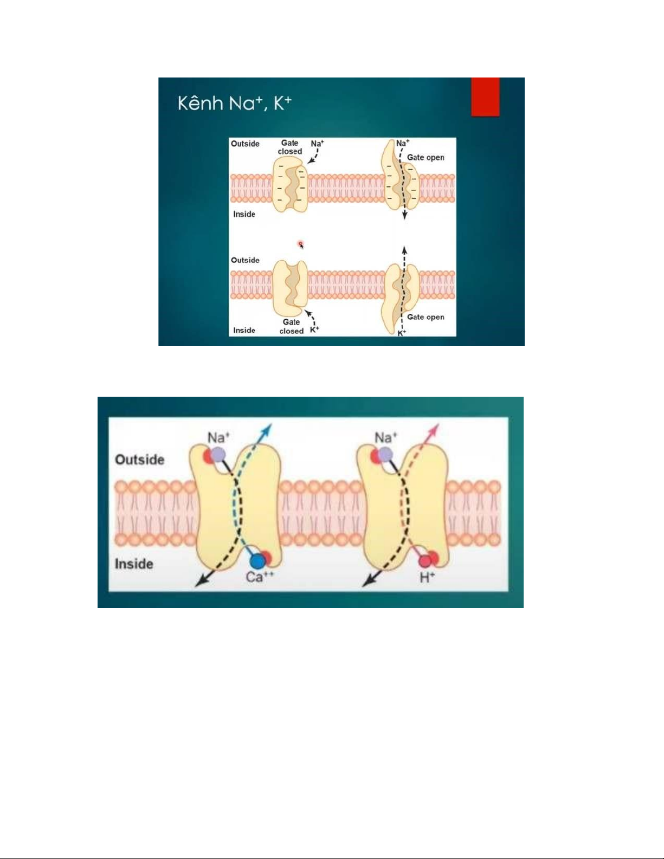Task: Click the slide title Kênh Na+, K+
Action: click(x=234, y=102)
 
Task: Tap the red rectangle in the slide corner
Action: click(x=485, y=96)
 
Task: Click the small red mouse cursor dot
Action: click(x=300, y=244)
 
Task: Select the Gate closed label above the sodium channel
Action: click(x=290, y=147)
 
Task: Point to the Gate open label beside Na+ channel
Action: click(x=426, y=158)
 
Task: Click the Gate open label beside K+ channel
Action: click(x=426, y=317)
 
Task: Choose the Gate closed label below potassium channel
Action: click(x=291, y=326)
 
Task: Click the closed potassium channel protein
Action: click(x=290, y=288)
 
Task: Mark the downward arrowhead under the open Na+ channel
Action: click(x=404, y=216)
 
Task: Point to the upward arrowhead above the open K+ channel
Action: click(x=404, y=250)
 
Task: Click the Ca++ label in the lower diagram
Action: click(x=260, y=577)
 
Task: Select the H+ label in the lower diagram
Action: click(x=427, y=578)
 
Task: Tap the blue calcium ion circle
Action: click(x=257, y=560)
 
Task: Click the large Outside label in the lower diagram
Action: click(x=139, y=460)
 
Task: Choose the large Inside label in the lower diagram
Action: click(x=133, y=564)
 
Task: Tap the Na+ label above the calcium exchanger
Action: click(x=218, y=437)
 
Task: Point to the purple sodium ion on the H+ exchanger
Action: click(x=385, y=454)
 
